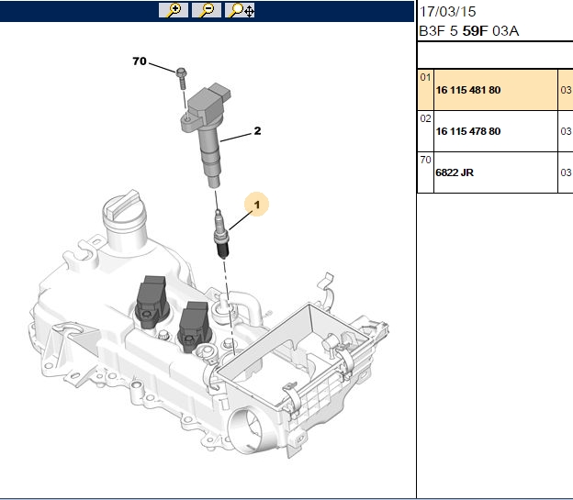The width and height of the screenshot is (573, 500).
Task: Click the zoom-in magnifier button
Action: point(174,10)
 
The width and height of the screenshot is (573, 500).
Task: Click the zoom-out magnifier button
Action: point(207,10)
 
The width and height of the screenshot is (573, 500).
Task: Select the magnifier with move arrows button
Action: point(240,10)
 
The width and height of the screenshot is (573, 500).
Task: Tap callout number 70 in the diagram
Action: point(140,61)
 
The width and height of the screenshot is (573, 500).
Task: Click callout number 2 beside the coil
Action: point(258,131)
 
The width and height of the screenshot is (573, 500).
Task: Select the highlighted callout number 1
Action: point(257,205)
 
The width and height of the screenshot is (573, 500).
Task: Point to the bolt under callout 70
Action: point(181,77)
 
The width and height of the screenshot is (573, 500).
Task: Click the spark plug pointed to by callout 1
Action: point(221,234)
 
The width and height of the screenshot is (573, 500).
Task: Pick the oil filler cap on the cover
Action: point(123,212)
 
